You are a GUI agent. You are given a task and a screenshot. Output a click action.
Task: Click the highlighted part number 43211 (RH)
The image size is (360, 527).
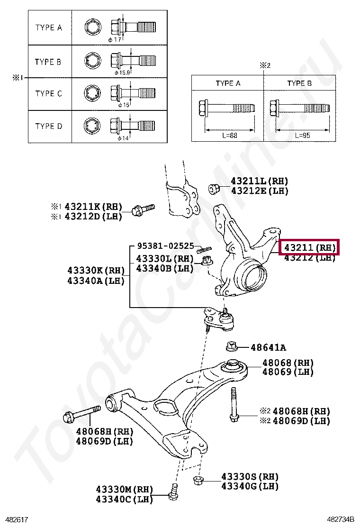310,247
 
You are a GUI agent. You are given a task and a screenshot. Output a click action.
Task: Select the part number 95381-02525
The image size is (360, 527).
165,246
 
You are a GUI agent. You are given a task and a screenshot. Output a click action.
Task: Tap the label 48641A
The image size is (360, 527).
268,348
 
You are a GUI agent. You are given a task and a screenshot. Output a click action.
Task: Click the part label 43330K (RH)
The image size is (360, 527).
95,270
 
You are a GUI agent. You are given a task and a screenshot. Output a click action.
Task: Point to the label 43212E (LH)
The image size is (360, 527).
259,191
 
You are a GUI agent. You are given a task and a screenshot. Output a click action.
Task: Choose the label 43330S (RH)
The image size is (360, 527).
250,477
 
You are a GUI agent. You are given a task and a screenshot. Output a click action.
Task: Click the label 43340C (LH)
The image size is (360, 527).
124,500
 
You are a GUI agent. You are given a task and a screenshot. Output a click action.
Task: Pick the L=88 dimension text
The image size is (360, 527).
228,135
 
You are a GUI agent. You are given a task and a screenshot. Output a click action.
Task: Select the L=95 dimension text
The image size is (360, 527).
300,135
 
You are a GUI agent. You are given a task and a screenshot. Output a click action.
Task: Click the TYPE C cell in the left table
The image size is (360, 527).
48,94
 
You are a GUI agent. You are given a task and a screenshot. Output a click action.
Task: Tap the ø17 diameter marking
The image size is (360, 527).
115,40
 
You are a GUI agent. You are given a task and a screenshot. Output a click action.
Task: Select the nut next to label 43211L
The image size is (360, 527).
214,189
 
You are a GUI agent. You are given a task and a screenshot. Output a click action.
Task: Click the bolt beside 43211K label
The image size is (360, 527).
142,209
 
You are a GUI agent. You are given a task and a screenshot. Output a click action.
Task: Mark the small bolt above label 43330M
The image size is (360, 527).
173,492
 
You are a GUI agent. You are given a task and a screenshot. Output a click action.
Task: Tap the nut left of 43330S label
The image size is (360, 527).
199,480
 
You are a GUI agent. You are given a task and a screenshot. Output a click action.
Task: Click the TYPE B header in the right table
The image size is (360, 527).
299,83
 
